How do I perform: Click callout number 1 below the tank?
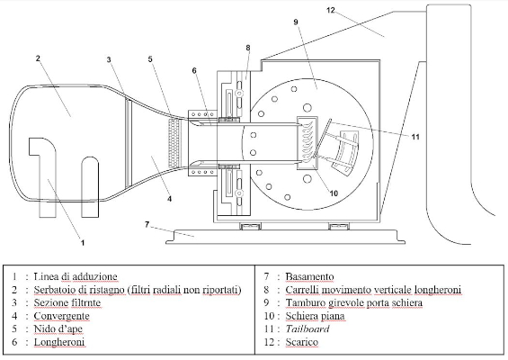pyautogui.click(x=83, y=242)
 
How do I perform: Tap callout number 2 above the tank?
pyautogui.click(x=38, y=58)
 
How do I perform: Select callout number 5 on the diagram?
pyautogui.click(x=150, y=59)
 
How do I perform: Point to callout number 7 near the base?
pyautogui.click(x=147, y=224)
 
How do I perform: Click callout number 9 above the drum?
pyautogui.click(x=296, y=22)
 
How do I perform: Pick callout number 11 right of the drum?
pyautogui.click(x=415, y=137)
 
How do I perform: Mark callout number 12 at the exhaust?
pyautogui.click(x=331, y=10)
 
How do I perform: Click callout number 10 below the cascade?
pyautogui.click(x=334, y=193)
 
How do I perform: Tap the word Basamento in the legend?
pyautogui.click(x=309, y=276)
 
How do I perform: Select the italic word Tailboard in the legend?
pyautogui.click(x=307, y=328)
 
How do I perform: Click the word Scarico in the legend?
pyautogui.click(x=302, y=342)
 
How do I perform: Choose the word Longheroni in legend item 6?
pyautogui.click(x=59, y=342)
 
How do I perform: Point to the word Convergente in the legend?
pyautogui.click(x=61, y=316)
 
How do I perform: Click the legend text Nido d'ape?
pyautogui.click(x=58, y=328)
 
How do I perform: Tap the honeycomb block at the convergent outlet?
pyautogui.click(x=174, y=143)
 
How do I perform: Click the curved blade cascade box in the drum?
pyautogui.click(x=307, y=143)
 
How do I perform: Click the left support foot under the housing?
pyautogui.click(x=250, y=226)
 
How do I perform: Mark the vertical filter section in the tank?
pyautogui.click(x=129, y=143)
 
